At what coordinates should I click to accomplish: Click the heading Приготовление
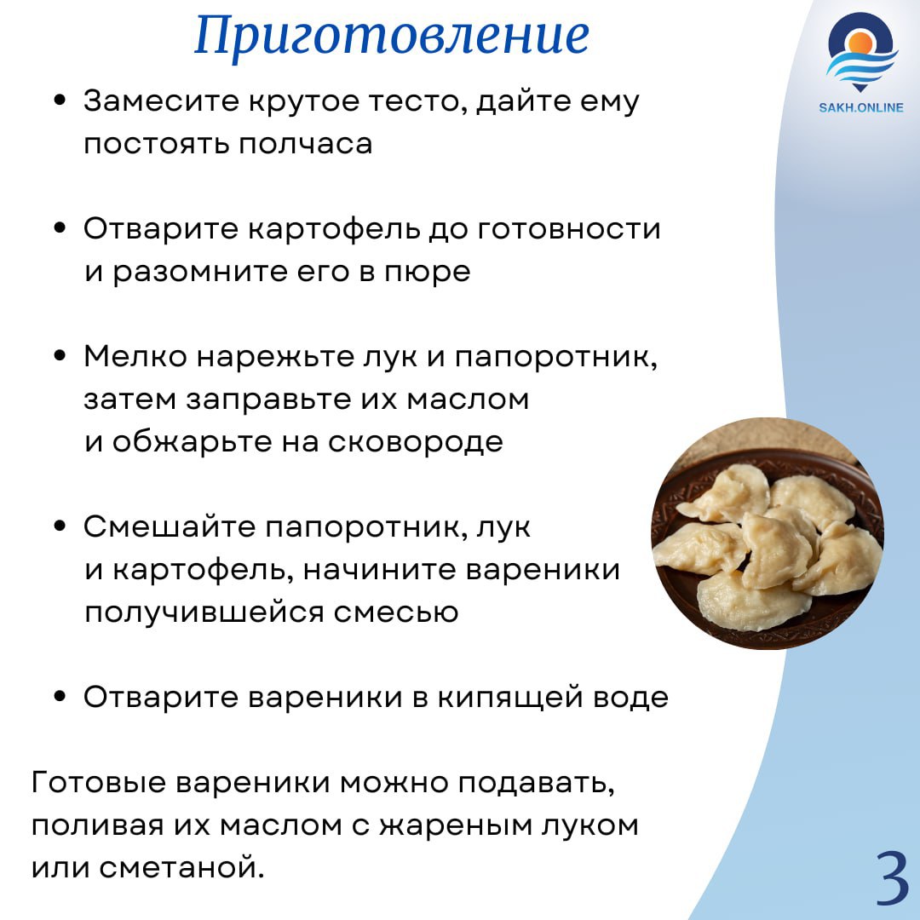[x=391, y=37]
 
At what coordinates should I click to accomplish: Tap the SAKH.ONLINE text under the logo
[x=860, y=107]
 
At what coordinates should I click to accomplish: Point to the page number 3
[x=893, y=877]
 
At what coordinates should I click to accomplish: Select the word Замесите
[x=161, y=101]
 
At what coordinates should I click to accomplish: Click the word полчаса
[x=305, y=144]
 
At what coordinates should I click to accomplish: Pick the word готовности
[x=568, y=228]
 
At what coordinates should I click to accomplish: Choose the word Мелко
[x=135, y=356]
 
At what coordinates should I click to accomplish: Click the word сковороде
[x=416, y=443]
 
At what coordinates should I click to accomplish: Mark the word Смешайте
[x=169, y=526]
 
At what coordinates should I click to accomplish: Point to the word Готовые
[x=99, y=782]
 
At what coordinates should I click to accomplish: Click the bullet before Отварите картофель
[x=60, y=228]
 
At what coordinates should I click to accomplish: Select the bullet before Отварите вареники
[x=60, y=697]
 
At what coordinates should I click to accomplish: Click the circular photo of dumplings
[x=768, y=533]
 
